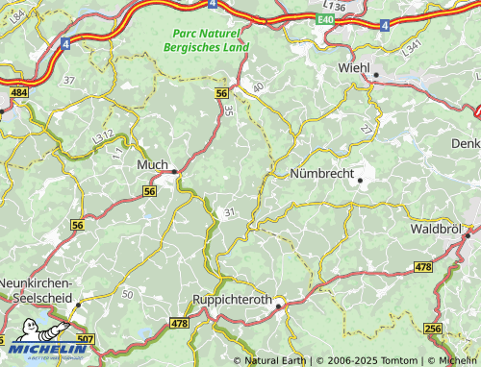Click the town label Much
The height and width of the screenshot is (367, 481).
(x=153, y=164)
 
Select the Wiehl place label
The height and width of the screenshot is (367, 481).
(x=353, y=68)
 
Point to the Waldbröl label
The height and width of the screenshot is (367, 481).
(x=434, y=230)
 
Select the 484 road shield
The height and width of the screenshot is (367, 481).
(x=18, y=93)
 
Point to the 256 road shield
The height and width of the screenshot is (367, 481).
(x=432, y=329)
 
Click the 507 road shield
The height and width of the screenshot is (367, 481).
(x=86, y=339)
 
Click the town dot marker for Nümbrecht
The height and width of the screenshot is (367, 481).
(x=360, y=179)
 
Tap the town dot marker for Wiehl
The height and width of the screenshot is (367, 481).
(x=376, y=74)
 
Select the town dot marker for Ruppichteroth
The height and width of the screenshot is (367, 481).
(x=278, y=305)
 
